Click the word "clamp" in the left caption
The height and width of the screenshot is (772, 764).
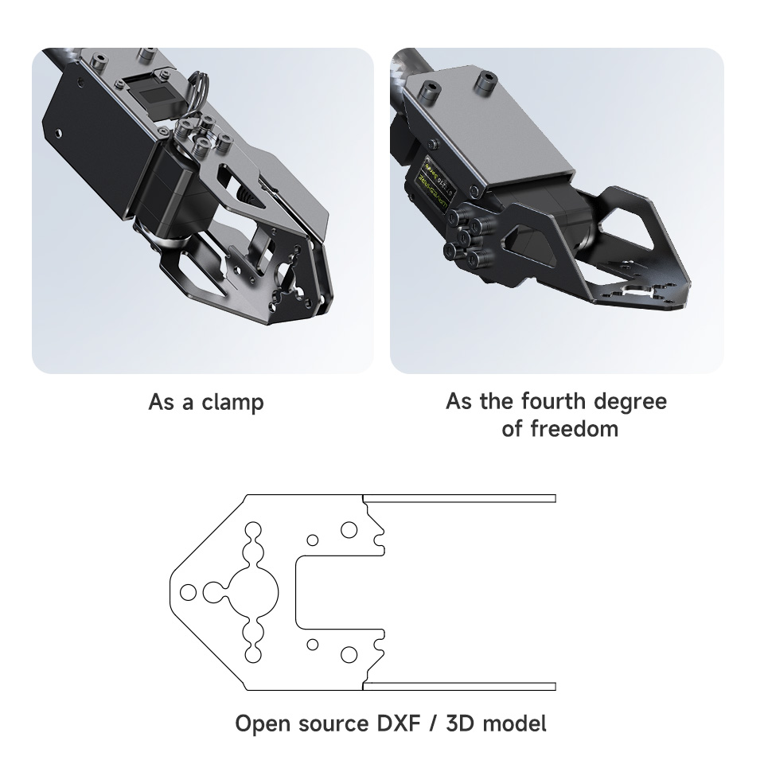232,402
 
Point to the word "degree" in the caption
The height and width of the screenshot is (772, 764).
629,401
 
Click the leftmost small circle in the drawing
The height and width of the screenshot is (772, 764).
189,592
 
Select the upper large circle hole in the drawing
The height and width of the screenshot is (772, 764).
349,529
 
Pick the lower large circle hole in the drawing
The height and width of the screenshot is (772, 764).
349,654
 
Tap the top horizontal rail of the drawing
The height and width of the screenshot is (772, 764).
460,498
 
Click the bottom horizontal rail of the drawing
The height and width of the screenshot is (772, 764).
460,686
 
